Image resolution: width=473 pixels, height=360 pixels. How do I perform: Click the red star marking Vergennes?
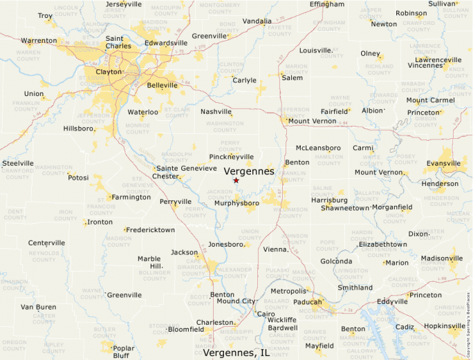coord(236,180)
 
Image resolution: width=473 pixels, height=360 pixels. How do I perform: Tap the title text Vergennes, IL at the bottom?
coord(236,352)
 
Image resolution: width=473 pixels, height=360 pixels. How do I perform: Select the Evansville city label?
coord(443,164)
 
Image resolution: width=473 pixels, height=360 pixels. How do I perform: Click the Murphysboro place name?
coord(236,203)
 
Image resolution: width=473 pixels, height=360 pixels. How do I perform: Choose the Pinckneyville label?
coord(231,157)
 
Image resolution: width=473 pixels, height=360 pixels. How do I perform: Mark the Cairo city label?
coord(266,314)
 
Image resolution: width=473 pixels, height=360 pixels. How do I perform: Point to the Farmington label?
coord(131,197)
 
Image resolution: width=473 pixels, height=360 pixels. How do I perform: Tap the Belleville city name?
coord(163,86)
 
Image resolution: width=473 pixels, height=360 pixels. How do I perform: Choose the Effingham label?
coord(326,4)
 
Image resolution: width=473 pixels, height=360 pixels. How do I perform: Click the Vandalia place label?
coord(257,21)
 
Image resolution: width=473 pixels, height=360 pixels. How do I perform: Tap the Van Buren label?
coord(38,307)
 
